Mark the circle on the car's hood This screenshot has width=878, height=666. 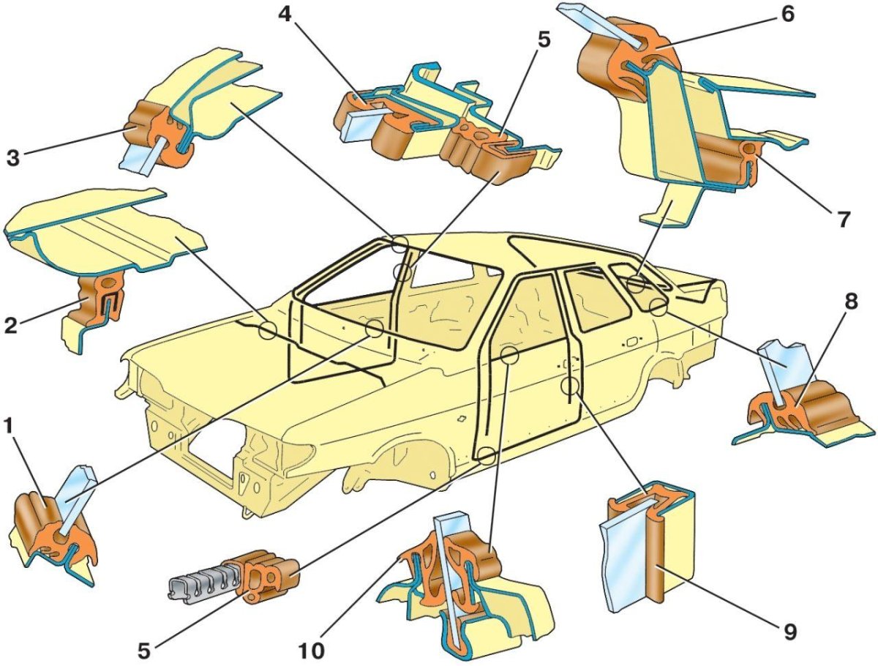click(x=266, y=330)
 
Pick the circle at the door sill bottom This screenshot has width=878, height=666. click(x=487, y=457)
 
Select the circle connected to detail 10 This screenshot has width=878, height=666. click(x=509, y=355)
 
